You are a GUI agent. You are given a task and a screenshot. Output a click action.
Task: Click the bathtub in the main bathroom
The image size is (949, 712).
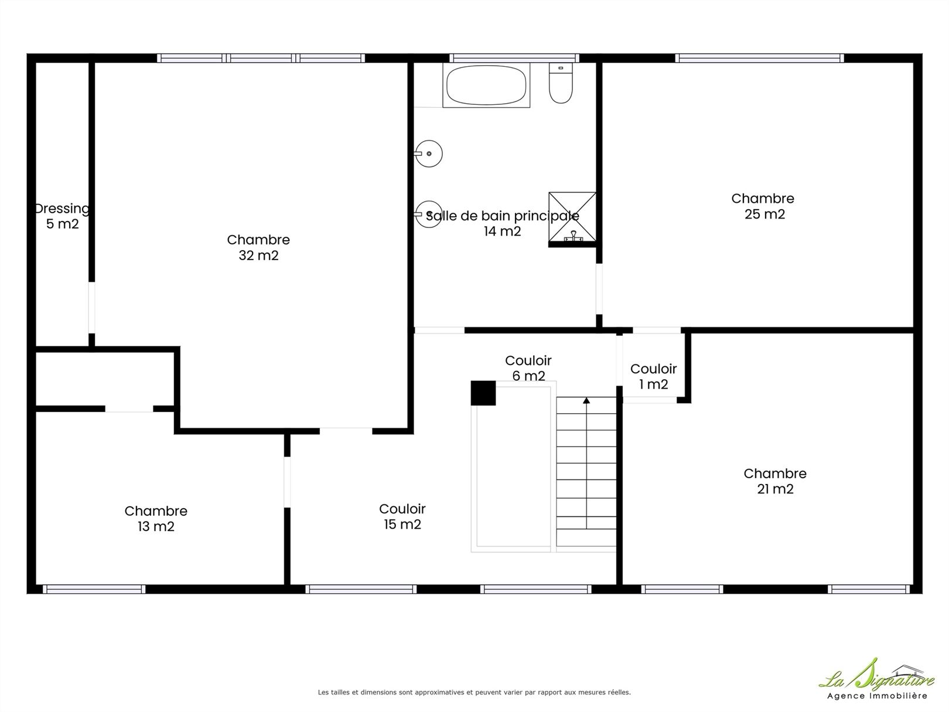tap(486, 85)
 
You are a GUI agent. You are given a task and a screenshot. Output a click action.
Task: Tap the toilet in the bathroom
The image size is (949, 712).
tap(561, 83)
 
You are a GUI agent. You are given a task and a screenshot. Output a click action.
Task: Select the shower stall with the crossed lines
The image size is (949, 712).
tap(572, 217)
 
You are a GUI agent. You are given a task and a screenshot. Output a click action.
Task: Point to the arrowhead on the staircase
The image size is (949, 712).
tap(586, 400)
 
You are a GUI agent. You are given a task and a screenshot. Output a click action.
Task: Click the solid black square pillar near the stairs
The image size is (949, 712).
tap(483, 393)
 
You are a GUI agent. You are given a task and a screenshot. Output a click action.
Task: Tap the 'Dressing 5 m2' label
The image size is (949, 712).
tap(63, 216)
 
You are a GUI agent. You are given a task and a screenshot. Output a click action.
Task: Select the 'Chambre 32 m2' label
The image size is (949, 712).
tap(258, 247)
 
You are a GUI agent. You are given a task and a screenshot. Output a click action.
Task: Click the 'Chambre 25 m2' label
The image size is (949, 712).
tap(763, 206)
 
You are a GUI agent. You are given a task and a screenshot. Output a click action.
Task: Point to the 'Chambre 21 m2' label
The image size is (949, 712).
tap(775, 481)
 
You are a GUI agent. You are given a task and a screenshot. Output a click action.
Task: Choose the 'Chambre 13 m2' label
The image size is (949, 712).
tap(156, 519)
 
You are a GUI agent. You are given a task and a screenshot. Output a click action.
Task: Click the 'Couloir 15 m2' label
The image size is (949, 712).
tap(402, 517)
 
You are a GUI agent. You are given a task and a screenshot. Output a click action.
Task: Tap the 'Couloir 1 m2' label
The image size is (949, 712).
tap(654, 377)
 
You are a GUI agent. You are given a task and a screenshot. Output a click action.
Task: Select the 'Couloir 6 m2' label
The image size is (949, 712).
tap(528, 368)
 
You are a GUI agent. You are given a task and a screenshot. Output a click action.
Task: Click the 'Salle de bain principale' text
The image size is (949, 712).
tap(503, 216)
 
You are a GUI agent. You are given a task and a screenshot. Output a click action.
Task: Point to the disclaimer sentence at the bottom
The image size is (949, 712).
tap(474, 692)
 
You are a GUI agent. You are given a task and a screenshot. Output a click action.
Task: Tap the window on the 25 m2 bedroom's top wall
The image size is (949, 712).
tap(760, 58)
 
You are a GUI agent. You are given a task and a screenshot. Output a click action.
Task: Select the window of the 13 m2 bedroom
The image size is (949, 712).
tap(94, 589)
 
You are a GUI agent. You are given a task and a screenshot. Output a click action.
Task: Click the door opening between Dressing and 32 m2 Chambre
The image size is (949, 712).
tap(91, 308)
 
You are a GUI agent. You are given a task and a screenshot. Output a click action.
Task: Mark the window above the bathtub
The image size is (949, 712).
tap(514, 58)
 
